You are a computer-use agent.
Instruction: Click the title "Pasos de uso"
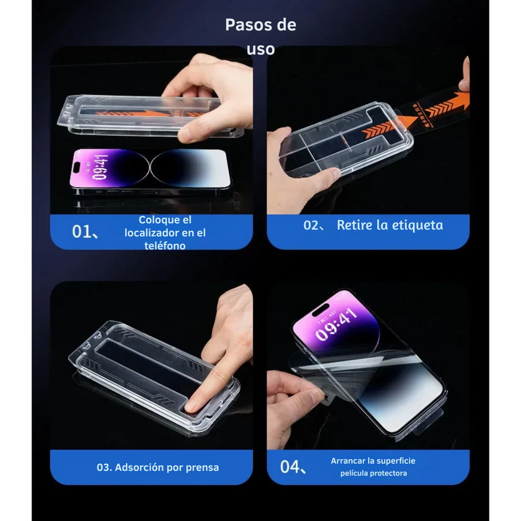[260, 37]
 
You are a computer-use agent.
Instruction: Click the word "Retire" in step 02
[354, 225]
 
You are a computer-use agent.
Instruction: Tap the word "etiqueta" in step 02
[416, 225]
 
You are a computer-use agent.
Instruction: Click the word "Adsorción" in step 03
[144, 467]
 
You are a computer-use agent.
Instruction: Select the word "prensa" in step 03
[202, 467]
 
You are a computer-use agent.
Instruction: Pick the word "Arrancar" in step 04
[348, 461]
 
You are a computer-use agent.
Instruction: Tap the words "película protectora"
[373, 473]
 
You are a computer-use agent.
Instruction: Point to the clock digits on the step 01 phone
[99, 167]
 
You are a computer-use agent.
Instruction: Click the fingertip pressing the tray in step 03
[194, 406]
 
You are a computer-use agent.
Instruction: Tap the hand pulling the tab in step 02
[464, 76]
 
